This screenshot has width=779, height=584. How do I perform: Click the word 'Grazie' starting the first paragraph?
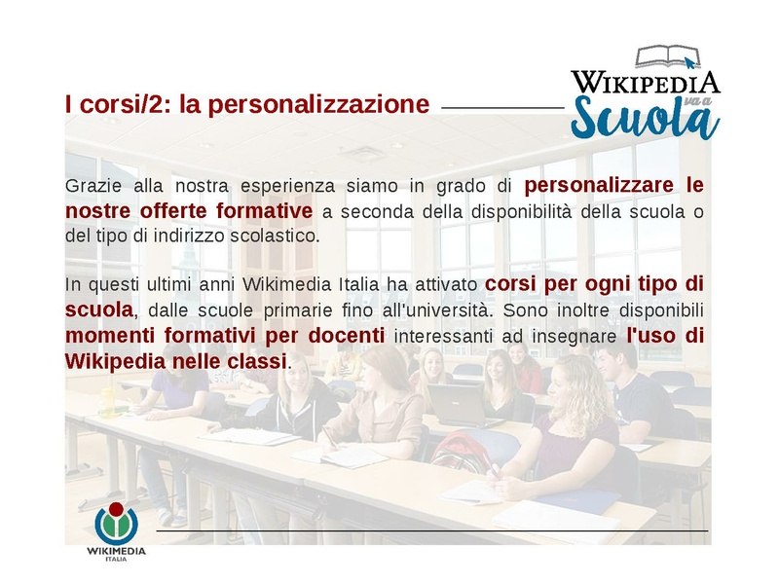90,186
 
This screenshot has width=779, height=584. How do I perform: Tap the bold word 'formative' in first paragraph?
271,211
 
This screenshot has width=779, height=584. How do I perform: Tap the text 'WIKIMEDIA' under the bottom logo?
116,551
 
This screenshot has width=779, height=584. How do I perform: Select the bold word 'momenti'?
103,336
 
